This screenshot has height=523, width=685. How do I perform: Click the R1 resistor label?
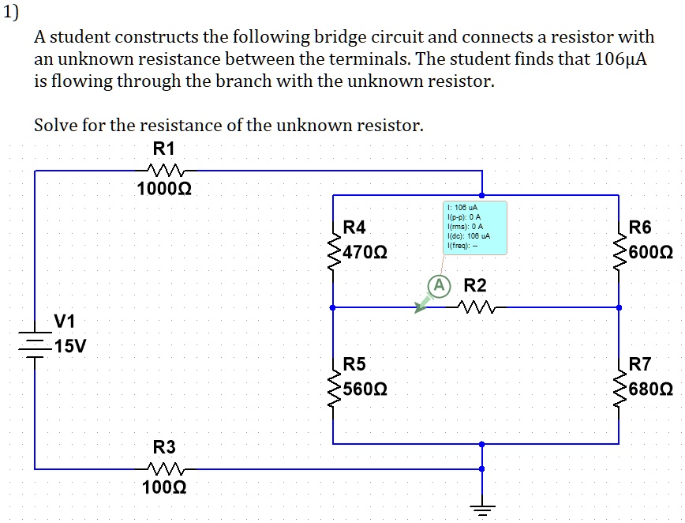pyautogui.click(x=164, y=149)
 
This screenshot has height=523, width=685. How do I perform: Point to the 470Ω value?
pyautogui.click(x=365, y=254)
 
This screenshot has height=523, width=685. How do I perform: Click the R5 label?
pyautogui.click(x=354, y=364)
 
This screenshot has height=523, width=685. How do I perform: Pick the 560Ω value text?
pyautogui.click(x=365, y=390)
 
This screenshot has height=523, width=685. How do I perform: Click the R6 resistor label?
pyautogui.click(x=640, y=228)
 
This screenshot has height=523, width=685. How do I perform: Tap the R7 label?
pyautogui.click(x=640, y=364)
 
